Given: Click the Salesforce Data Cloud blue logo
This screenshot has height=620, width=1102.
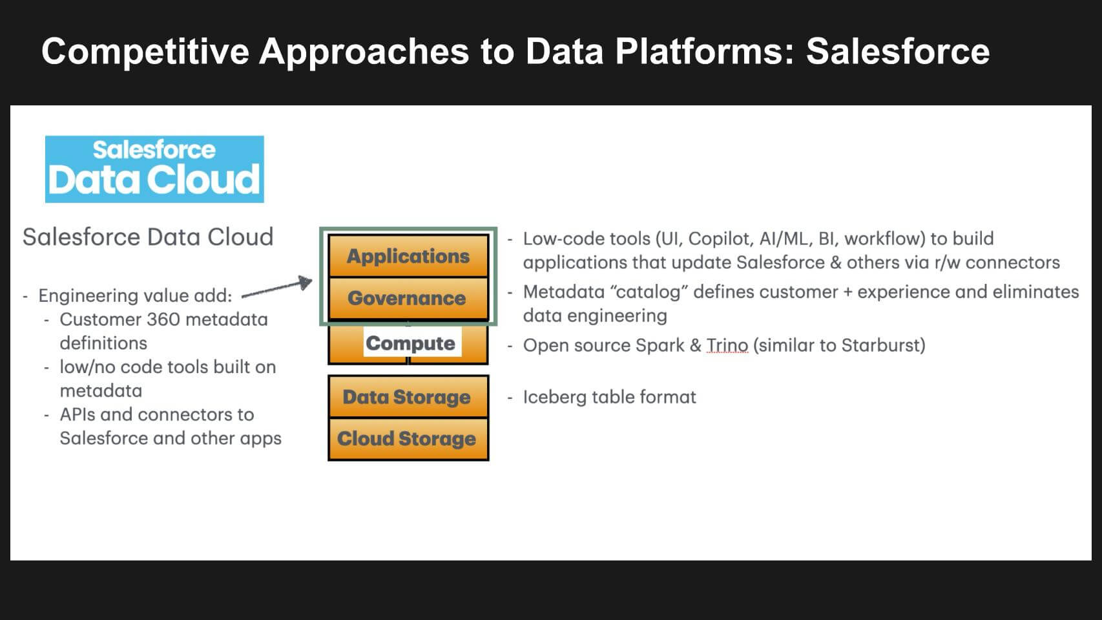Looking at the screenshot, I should coord(154,169).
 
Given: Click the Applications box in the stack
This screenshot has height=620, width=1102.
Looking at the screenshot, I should coord(408,256).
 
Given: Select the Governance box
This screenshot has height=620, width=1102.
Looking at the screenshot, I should coord(407,298).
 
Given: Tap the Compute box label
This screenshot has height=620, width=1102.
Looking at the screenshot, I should coord(411,343).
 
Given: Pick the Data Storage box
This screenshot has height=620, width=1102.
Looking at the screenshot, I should coord(407,397).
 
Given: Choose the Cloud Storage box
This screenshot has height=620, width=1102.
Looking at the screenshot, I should coord(407,438).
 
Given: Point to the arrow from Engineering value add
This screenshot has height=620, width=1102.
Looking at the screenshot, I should coord(276,288).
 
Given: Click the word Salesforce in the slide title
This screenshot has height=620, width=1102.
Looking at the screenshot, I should coord(897,51).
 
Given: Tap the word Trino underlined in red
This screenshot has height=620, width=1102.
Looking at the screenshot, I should coord(727,345).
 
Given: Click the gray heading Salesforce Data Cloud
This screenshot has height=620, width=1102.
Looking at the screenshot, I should coord(148,237).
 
